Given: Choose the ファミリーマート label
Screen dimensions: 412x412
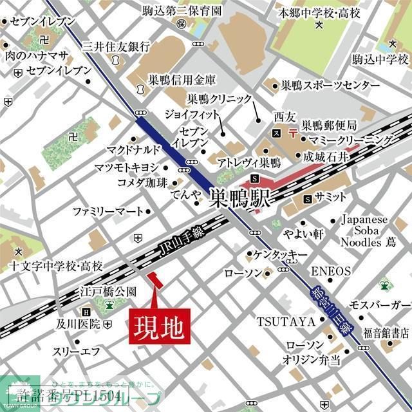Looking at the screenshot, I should click(107, 211).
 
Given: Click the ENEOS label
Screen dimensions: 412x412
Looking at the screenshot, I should click(331, 271).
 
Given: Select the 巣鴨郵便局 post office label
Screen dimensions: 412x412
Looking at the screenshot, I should click(330, 125).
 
